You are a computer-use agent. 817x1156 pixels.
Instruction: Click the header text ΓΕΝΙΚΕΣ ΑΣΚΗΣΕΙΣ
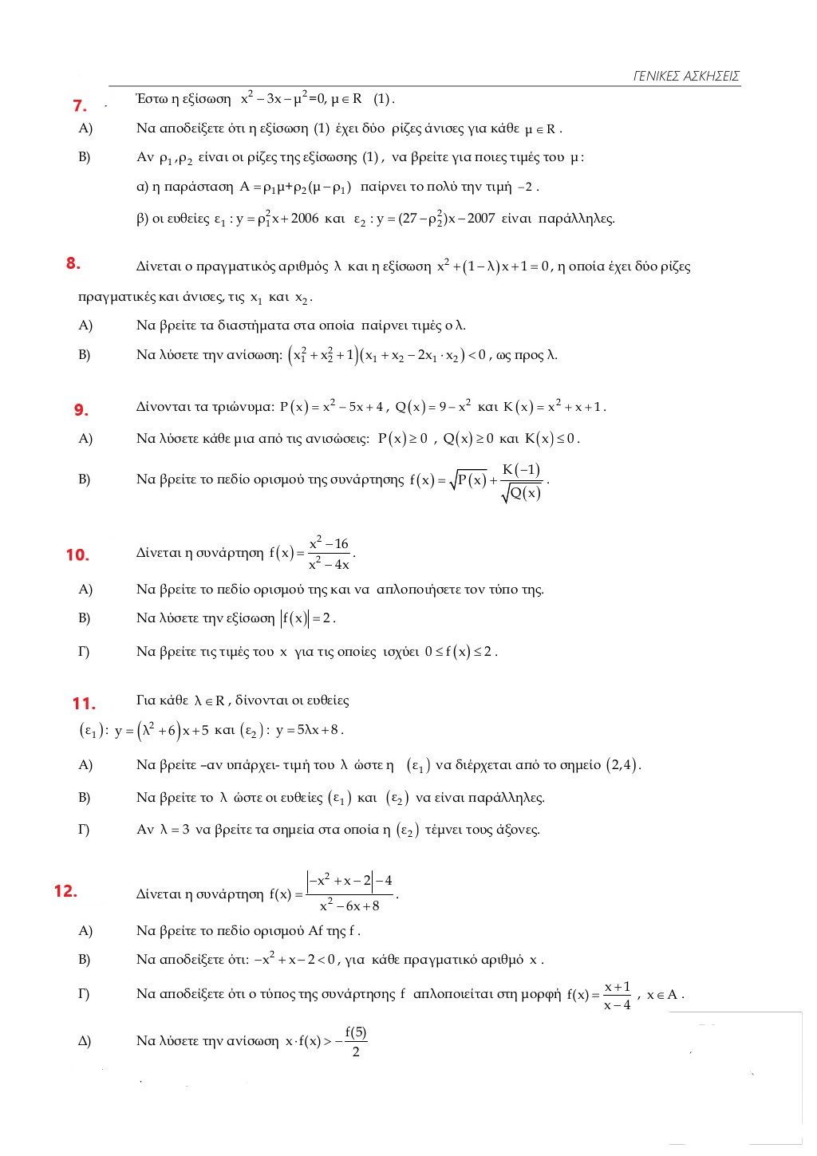(x=686, y=77)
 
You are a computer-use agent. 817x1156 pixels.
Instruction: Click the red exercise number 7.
(x=79, y=105)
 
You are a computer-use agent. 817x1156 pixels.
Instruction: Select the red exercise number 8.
(x=73, y=263)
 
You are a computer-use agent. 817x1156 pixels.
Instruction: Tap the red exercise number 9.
(x=81, y=410)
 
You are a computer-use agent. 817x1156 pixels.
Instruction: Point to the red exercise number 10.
(x=77, y=555)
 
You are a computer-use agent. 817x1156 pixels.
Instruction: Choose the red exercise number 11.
(x=83, y=704)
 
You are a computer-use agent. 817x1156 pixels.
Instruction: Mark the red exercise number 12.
(x=65, y=891)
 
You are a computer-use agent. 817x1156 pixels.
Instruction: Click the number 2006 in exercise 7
(x=304, y=219)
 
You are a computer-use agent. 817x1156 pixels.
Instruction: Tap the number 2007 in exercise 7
(x=481, y=219)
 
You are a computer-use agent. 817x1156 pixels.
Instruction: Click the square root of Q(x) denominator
(x=522, y=494)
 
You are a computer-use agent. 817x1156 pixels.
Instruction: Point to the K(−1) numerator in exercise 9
(x=521, y=470)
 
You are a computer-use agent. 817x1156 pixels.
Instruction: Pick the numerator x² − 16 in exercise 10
(x=329, y=543)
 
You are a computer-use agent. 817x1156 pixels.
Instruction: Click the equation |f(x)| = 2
(x=307, y=618)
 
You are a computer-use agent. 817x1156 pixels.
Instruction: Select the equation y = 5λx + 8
(x=308, y=730)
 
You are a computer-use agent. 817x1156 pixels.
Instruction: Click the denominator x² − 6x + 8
(x=349, y=906)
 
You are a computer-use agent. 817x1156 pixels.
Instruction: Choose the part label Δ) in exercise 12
(x=85, y=1041)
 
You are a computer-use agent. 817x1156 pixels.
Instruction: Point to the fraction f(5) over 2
(x=356, y=1041)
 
